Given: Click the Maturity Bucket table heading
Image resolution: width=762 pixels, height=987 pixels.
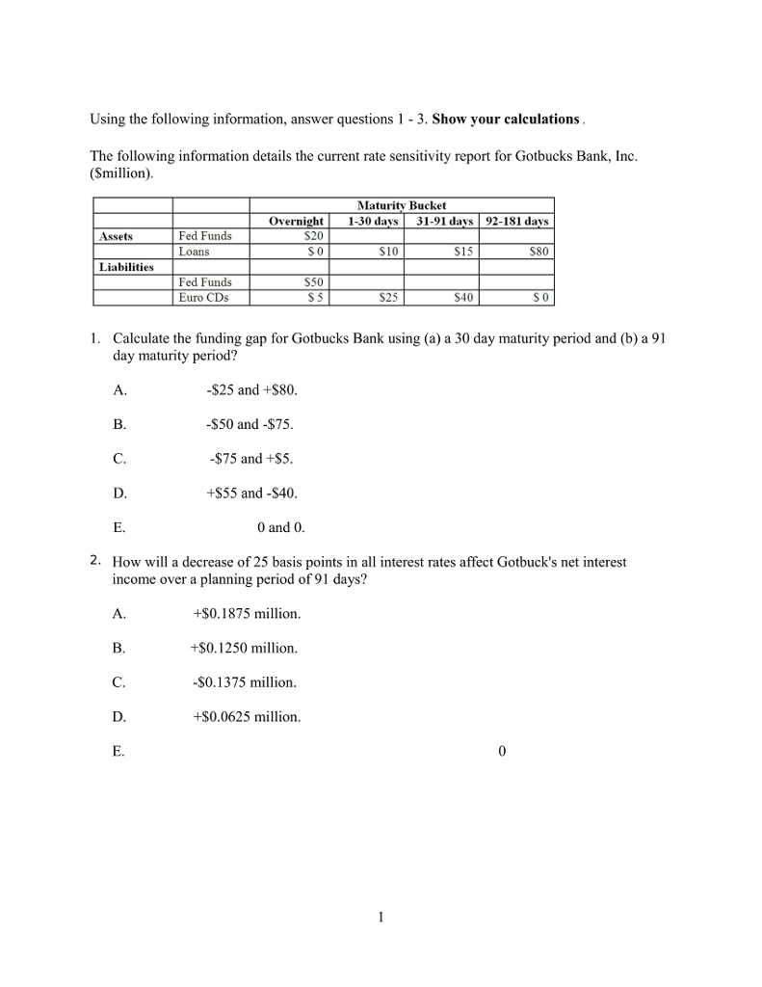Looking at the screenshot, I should pyautogui.click(x=402, y=205).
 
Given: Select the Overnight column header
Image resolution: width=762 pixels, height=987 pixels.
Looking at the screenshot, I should pyautogui.click(x=296, y=221).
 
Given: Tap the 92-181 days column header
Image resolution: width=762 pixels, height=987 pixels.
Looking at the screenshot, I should pyautogui.click(x=516, y=221).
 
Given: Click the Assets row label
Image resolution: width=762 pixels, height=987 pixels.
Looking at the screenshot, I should pyautogui.click(x=117, y=236).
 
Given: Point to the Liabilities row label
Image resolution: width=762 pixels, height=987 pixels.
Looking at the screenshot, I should pyautogui.click(x=126, y=267).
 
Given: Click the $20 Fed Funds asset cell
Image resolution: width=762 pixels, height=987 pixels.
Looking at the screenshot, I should pyautogui.click(x=313, y=236).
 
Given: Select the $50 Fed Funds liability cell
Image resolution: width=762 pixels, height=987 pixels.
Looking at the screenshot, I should pyautogui.click(x=313, y=282).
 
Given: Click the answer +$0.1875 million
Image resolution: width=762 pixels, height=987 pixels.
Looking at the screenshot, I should pyautogui.click(x=247, y=613).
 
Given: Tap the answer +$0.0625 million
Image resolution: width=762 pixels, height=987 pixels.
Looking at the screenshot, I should pyautogui.click(x=247, y=716).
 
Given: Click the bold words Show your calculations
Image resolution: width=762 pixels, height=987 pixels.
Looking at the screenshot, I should pyautogui.click(x=506, y=120).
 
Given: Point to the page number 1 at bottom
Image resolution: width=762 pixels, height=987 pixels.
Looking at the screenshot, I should pyautogui.click(x=381, y=917).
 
